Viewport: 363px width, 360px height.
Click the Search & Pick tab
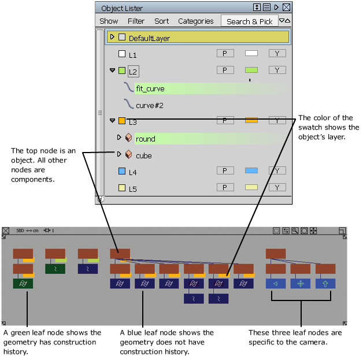pyautogui.click(x=249, y=21)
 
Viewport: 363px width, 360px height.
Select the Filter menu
pyautogui.click(x=136, y=21)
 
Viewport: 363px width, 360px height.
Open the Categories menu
pyautogui.click(x=195, y=21)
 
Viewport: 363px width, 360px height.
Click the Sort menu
pyautogui.click(x=162, y=21)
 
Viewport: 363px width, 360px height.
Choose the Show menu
pyautogui.click(x=109, y=21)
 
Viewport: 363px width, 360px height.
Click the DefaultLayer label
pyautogui.click(x=149, y=38)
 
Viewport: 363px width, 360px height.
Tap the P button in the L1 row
pyautogui.click(x=225, y=53)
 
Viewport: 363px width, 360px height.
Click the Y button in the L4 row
pyautogui.click(x=277, y=170)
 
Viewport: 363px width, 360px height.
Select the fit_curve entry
pyautogui.click(x=150, y=88)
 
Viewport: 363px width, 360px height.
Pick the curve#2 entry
pyautogui.click(x=150, y=106)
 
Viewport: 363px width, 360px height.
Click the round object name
pyautogui.click(x=146, y=139)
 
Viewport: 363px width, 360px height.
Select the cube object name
pyautogui.click(x=144, y=155)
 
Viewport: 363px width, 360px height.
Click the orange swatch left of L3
pyautogui.click(x=122, y=121)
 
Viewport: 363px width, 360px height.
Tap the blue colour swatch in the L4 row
pyautogui.click(x=251, y=170)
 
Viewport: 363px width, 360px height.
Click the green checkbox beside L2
pyautogui.click(x=122, y=70)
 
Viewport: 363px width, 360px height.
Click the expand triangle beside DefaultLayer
pyautogui.click(x=113, y=37)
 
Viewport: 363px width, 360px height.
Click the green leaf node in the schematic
pyautogui.click(x=23, y=283)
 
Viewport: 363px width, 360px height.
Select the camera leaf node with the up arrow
pyautogui.click(x=325, y=284)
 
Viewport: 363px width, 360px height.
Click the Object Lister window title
pyautogui.click(x=122, y=8)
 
